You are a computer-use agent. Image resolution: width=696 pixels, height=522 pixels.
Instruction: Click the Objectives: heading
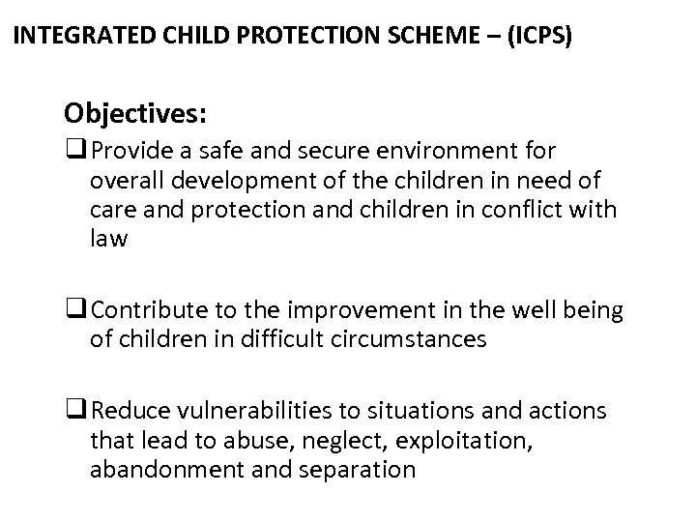(134, 113)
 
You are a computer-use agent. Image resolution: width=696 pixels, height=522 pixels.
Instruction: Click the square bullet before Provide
(72, 151)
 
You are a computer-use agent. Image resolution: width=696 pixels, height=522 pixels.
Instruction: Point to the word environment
(450, 152)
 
